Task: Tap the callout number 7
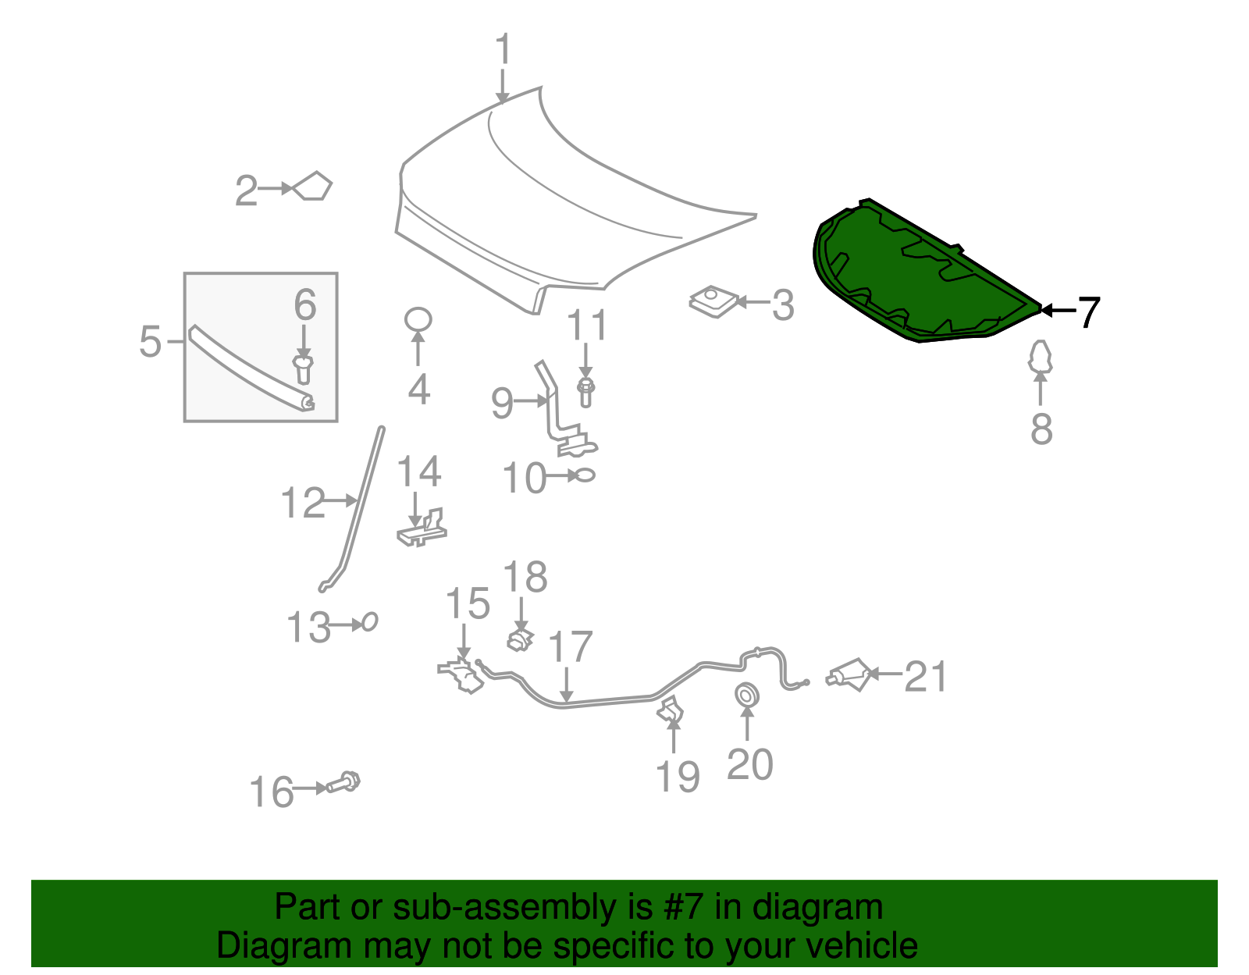pos(1088,312)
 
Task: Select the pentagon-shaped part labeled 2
pos(313,187)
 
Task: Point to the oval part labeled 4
pos(418,319)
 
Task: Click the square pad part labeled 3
pos(713,301)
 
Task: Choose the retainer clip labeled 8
pos(1040,357)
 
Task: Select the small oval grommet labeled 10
pos(585,475)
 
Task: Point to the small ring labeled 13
pos(370,622)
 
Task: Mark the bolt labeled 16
pos(344,782)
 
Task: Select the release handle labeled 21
pos(849,674)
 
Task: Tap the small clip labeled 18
pos(520,639)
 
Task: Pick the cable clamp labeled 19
pos(671,711)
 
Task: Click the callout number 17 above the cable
pos(571,647)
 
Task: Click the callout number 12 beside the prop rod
pos(303,503)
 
